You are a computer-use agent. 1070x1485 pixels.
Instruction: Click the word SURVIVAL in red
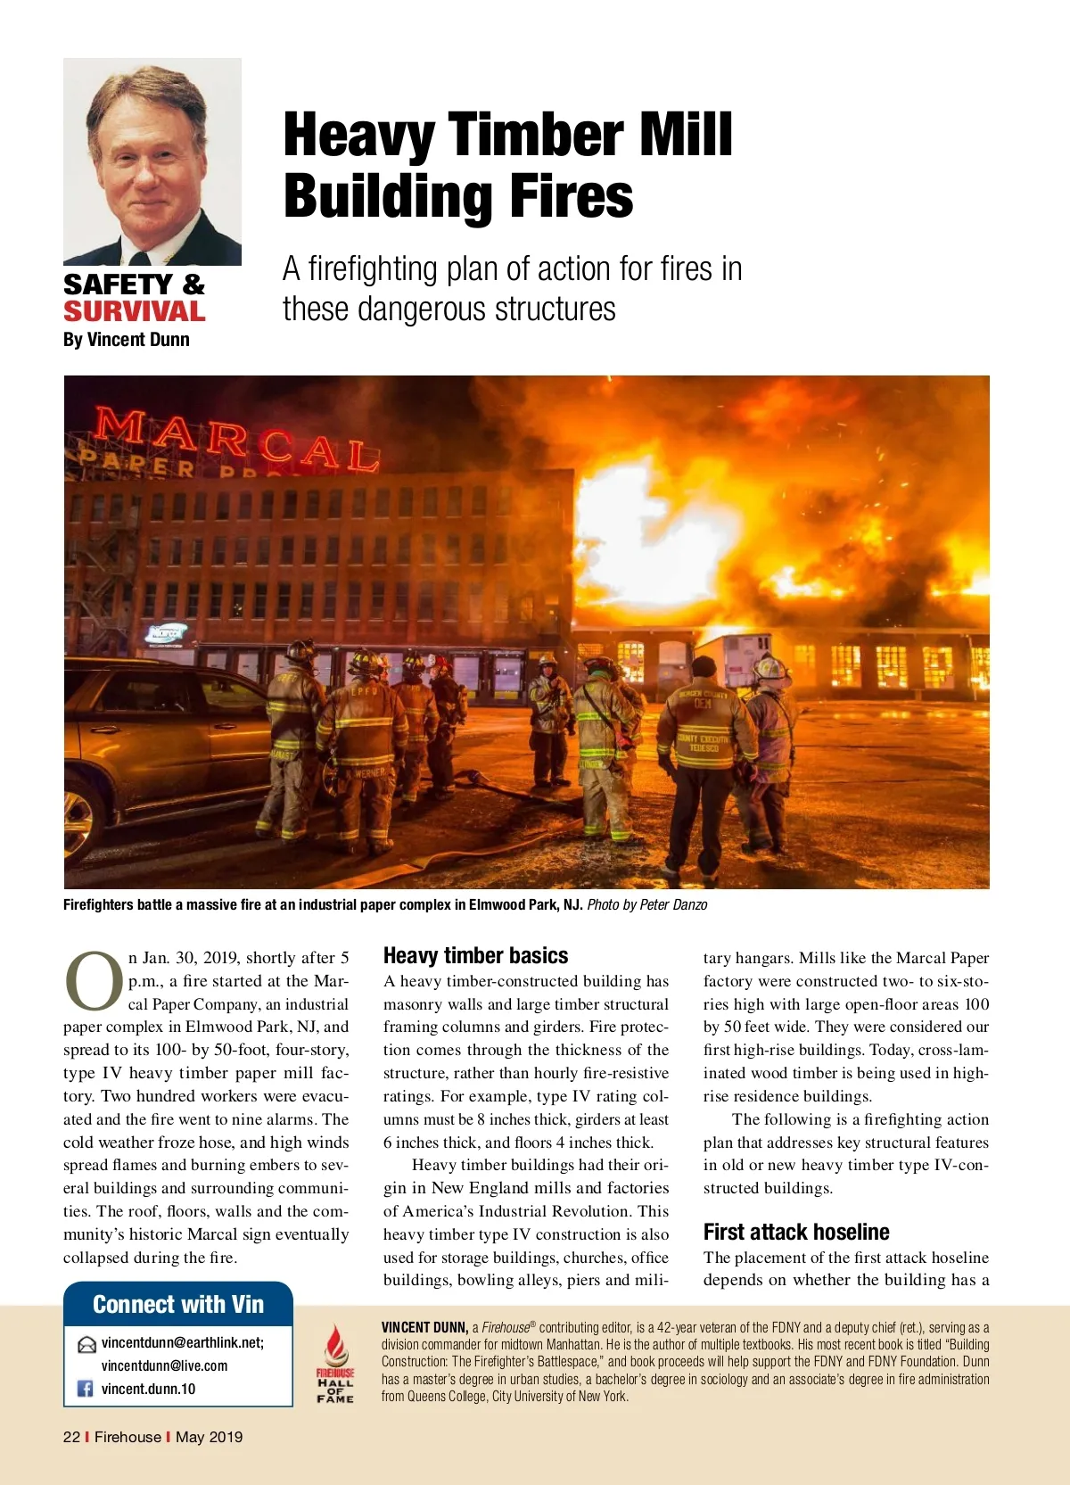tap(134, 312)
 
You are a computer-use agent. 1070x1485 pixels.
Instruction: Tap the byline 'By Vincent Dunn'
tap(126, 340)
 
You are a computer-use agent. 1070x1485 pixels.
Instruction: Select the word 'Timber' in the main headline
tap(537, 136)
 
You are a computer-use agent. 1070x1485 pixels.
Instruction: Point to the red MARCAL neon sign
tap(236, 441)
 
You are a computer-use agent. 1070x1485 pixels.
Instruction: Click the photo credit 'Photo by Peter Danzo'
tap(646, 904)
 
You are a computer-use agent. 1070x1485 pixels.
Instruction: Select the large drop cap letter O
tap(93, 981)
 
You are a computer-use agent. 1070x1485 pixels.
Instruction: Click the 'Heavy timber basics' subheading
tap(475, 956)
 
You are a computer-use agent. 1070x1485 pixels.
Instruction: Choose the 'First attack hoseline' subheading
tap(796, 1233)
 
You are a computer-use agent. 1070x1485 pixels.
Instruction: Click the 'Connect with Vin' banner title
tap(178, 1305)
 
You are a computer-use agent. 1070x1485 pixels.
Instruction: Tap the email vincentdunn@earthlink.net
tap(182, 1343)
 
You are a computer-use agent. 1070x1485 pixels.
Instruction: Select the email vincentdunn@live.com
tap(164, 1366)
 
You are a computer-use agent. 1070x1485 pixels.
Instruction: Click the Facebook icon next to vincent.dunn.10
tap(86, 1389)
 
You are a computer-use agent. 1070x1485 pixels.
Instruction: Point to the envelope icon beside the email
tap(86, 1345)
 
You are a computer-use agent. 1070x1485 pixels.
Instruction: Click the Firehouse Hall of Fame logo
tap(335, 1365)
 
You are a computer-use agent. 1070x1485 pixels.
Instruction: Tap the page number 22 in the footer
tap(71, 1437)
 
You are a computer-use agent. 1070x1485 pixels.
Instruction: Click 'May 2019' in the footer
tap(209, 1437)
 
